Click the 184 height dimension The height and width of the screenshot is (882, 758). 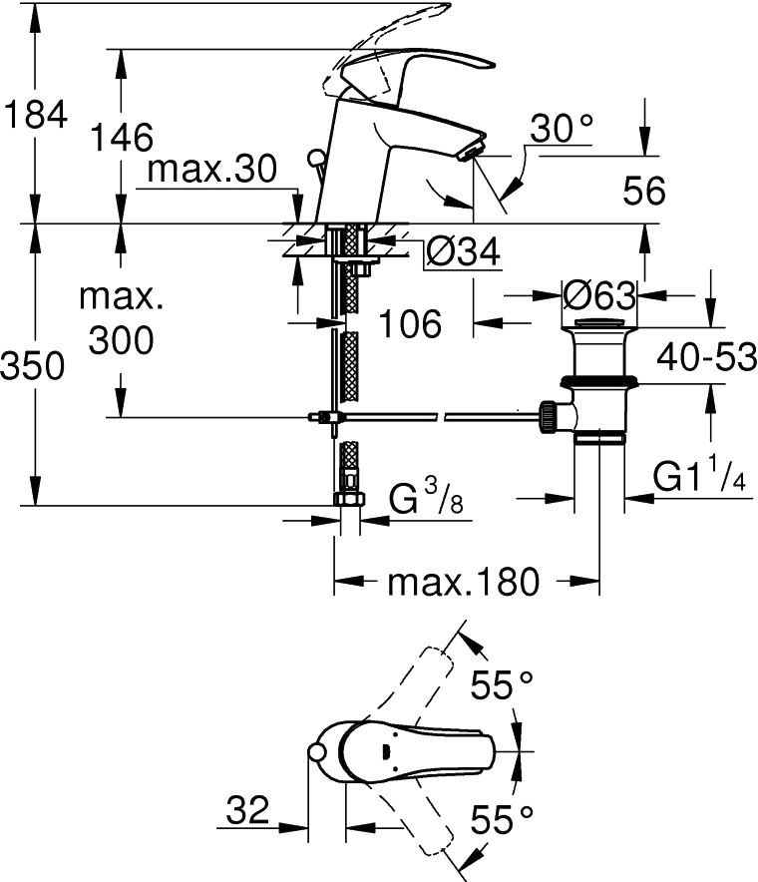(x=35, y=115)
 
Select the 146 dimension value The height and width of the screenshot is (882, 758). (x=122, y=139)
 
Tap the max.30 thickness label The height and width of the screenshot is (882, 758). (x=210, y=171)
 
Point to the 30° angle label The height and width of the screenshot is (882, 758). (x=562, y=129)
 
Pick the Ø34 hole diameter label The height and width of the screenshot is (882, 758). (x=462, y=254)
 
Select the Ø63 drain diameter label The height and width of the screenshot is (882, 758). (x=599, y=295)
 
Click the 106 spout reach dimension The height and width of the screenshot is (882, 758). (x=410, y=323)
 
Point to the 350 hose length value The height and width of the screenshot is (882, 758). (x=34, y=366)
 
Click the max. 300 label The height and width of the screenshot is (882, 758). (x=121, y=319)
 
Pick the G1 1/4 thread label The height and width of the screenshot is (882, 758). (x=699, y=479)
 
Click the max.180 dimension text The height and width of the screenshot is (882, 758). (x=463, y=581)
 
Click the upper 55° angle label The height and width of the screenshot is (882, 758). (x=502, y=687)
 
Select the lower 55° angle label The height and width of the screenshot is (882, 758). (x=502, y=819)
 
